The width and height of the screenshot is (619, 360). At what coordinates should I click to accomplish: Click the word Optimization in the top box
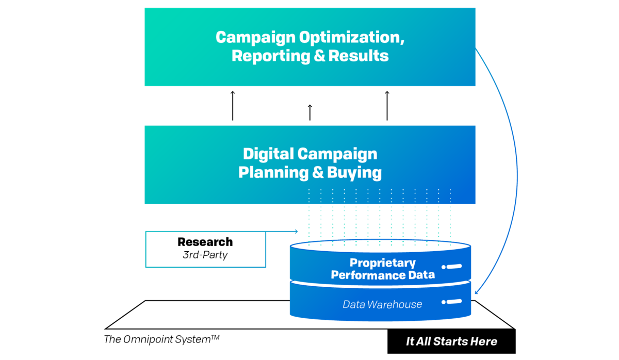coord(352,38)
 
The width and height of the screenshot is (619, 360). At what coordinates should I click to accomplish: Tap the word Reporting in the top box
coord(271,56)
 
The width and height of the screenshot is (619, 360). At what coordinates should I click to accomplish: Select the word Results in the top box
coord(359,56)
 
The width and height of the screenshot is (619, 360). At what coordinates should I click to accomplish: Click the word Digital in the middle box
coord(268,154)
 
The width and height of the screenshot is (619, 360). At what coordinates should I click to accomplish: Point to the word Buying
coord(354,173)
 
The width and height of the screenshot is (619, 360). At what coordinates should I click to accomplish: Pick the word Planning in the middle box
coord(273,173)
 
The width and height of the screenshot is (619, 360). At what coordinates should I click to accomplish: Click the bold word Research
coord(205,242)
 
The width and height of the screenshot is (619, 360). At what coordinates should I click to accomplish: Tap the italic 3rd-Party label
coord(205,255)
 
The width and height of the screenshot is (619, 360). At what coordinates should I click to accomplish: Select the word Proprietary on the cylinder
coord(383,263)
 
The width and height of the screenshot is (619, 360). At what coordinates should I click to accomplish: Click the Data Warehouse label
coord(382,304)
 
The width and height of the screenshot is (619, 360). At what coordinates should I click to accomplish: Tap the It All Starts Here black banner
coord(451,341)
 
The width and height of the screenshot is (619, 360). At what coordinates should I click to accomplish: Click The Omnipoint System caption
coord(161,339)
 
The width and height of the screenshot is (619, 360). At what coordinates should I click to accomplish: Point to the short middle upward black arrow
coord(310,112)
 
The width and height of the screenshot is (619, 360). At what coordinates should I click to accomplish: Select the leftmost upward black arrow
coord(233,106)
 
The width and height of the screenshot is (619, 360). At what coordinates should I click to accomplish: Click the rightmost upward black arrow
coord(387,106)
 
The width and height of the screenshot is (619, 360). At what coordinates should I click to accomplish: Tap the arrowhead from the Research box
coord(297,231)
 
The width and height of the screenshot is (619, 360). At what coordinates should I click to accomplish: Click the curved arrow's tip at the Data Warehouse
coord(475,293)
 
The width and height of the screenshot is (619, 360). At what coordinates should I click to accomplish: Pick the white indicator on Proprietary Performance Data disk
coord(451,267)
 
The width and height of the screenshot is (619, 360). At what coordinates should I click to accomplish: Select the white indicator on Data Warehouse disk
coord(451,302)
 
